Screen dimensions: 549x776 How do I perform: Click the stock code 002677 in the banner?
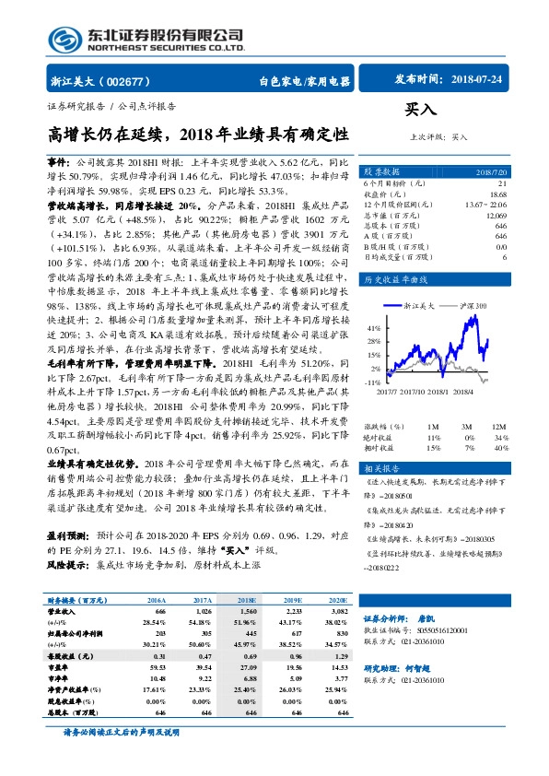click(128, 81)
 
